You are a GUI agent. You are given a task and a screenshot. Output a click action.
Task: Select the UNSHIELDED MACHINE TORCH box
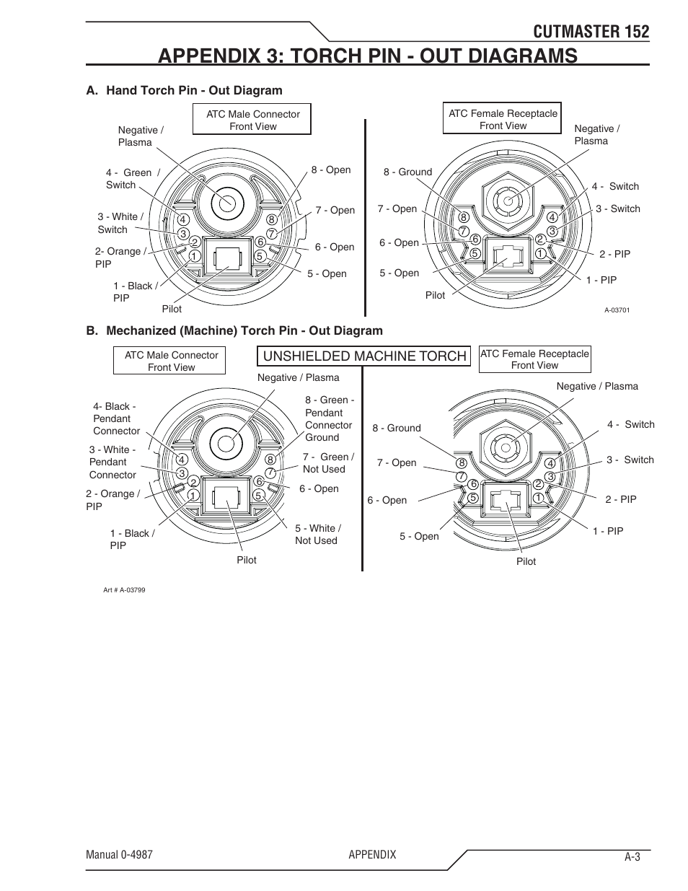364,356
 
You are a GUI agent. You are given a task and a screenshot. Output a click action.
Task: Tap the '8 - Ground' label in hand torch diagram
407,172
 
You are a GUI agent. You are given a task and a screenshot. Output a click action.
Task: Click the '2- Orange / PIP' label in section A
120,258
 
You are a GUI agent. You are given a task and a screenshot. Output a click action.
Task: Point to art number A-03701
617,310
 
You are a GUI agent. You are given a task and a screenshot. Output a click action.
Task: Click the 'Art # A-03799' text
124,589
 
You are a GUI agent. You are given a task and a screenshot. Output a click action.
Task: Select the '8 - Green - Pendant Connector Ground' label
329,418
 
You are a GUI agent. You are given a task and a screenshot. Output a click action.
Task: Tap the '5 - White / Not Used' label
317,534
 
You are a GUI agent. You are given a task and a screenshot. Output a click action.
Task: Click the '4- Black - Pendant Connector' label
116,418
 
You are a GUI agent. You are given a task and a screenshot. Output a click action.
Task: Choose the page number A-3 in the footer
632,857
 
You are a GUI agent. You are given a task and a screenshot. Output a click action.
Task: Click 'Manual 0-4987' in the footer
119,854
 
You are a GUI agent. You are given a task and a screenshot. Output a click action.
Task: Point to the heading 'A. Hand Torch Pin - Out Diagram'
184,90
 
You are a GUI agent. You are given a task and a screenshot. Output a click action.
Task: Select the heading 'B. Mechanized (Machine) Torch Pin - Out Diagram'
234,330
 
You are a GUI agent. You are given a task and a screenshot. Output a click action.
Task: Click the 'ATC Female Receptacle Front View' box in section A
503,119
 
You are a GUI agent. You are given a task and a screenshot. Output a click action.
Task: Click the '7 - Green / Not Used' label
327,462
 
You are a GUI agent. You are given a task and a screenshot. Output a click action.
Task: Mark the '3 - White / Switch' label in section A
120,223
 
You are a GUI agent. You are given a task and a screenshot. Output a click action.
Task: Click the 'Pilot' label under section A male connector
172,309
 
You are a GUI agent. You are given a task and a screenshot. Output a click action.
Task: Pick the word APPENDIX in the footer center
372,854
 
